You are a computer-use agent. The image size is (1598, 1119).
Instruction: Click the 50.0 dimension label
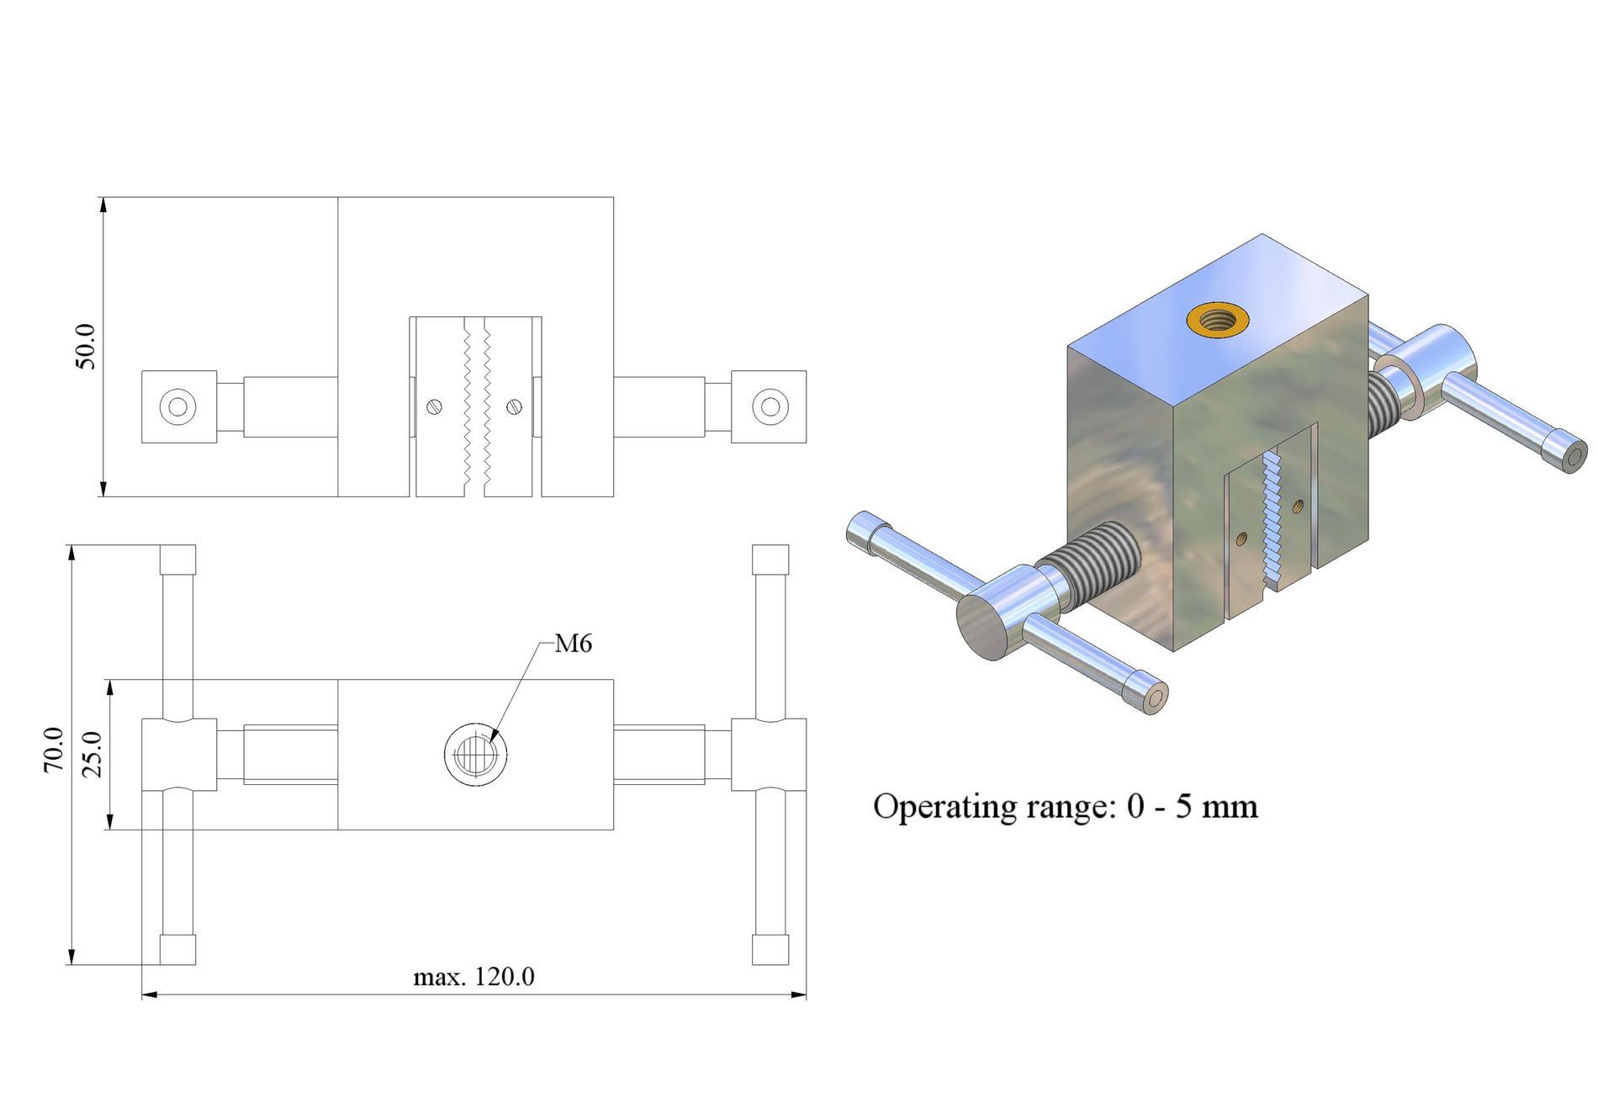point(86,346)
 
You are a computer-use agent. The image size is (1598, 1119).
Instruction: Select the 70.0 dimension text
point(54,750)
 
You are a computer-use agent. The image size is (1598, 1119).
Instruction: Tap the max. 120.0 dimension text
point(474,977)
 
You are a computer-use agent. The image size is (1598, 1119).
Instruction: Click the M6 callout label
point(574,644)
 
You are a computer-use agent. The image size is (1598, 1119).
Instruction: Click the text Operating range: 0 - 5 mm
point(1066,807)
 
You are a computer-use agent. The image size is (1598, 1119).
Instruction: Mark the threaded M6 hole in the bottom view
point(475,754)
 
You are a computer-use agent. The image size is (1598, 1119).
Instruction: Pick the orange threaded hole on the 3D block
point(1217,320)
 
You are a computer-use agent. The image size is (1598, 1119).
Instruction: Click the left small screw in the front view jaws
point(434,407)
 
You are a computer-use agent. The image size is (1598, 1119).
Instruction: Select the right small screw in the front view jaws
point(515,407)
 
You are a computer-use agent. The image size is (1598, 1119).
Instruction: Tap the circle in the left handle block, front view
point(177,407)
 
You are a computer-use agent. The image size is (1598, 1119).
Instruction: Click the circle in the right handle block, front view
point(770,407)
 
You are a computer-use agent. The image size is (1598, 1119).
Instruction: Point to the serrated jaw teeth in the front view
point(476,407)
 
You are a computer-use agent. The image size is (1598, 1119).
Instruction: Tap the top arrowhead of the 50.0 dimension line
point(103,205)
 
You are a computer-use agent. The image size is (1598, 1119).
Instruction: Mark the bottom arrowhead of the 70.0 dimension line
point(71,956)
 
